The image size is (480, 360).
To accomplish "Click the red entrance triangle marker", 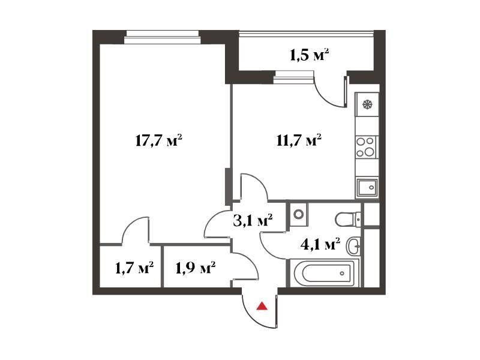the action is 262,306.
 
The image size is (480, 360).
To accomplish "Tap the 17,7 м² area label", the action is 158,141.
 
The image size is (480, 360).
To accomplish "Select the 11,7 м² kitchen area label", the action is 298,140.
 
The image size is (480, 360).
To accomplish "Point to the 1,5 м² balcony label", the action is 309,55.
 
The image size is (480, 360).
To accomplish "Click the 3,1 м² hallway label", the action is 253,220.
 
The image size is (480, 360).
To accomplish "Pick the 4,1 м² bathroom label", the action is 320,244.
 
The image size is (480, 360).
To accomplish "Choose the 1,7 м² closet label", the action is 134,268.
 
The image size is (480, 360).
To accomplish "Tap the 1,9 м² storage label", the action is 196,268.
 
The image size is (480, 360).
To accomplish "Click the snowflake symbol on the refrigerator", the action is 367,104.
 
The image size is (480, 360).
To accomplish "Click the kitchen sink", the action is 367,187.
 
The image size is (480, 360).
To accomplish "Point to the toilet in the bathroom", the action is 348,219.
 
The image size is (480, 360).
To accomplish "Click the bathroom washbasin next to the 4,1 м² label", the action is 354,245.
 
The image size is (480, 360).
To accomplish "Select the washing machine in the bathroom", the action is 298,214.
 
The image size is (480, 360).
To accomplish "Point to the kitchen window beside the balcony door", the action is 294,77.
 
